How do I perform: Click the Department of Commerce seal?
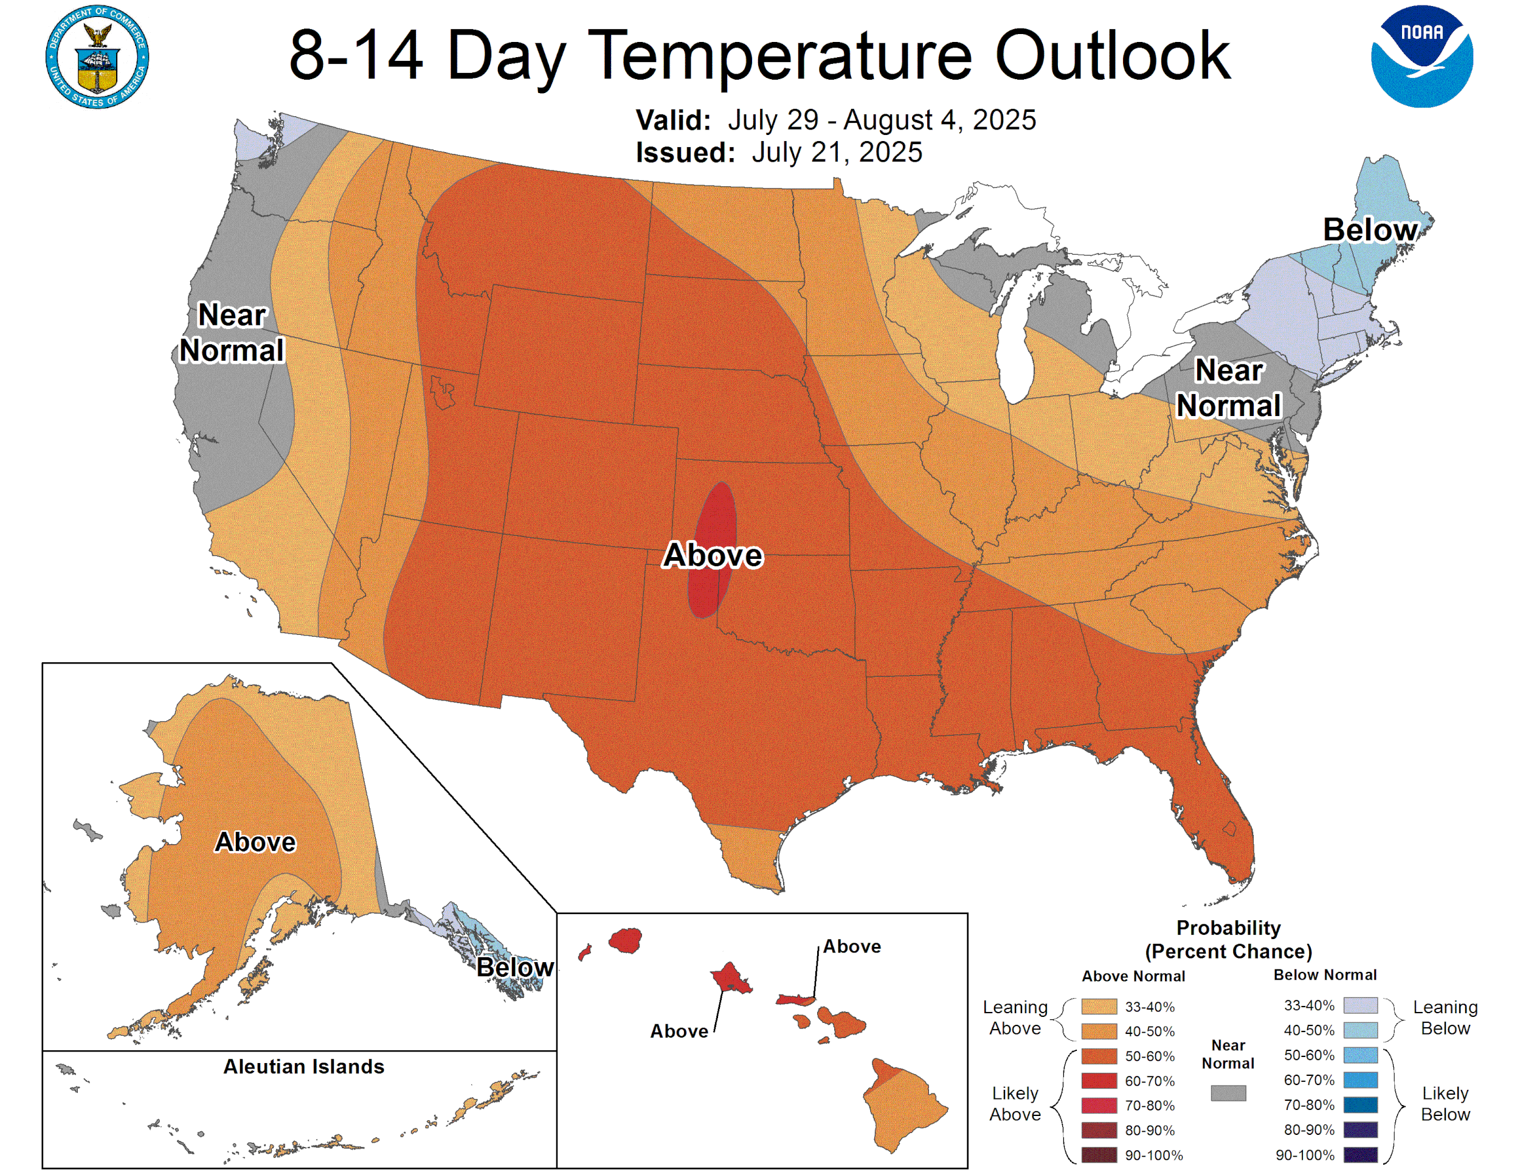coord(97,57)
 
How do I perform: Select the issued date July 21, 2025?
coord(837,153)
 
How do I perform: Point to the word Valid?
coord(673,120)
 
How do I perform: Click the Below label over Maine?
coord(1369,230)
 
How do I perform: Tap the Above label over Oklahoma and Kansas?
coord(713,555)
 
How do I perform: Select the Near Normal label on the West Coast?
coord(232,333)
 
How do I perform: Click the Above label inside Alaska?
coord(255,842)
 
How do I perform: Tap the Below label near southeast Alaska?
coord(515,968)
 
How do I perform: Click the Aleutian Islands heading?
coord(303,1066)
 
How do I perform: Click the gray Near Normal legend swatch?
coord(1228,1093)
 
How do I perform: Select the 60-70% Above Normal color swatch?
coord(1099,1081)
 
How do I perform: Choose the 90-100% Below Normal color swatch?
coord(1360,1155)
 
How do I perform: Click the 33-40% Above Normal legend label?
coord(1149,1007)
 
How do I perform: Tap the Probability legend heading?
coord(1228,928)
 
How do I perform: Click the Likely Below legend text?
coord(1445,1103)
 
